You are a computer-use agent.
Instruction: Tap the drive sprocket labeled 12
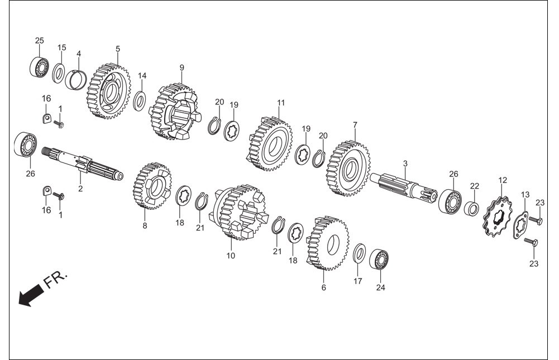coord(498,217)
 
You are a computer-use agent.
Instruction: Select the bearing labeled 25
coord(39,66)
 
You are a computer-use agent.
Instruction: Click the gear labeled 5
coord(109,92)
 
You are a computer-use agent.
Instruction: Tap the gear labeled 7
coord(348,168)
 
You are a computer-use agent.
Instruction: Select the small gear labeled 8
coord(152,186)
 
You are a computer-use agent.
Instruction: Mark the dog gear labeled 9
coord(175,111)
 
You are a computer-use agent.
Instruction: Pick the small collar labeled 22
coord(472,209)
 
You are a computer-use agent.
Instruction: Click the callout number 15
coord(61,48)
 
